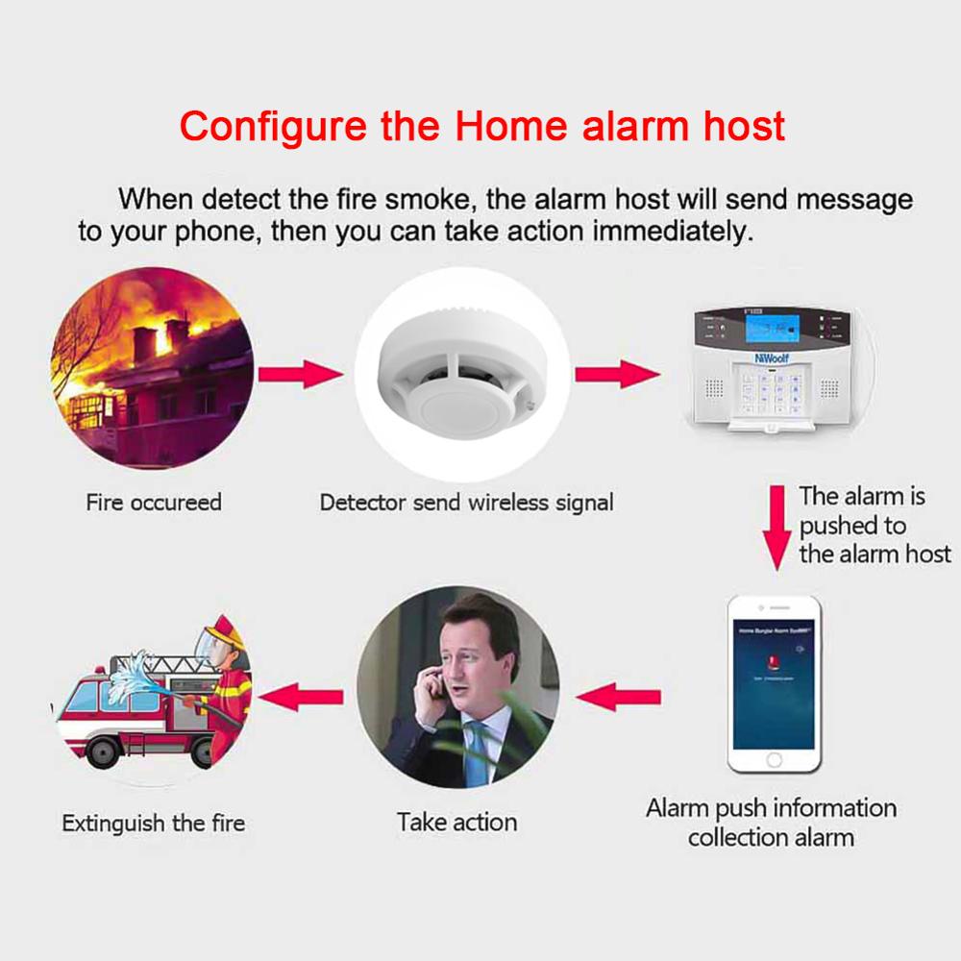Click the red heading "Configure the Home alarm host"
point(482,126)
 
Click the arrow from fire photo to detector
point(301,373)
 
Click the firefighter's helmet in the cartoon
point(219,634)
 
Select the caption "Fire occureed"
point(154,503)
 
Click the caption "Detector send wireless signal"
point(466,503)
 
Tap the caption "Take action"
point(456,823)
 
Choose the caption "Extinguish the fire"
point(154,824)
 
